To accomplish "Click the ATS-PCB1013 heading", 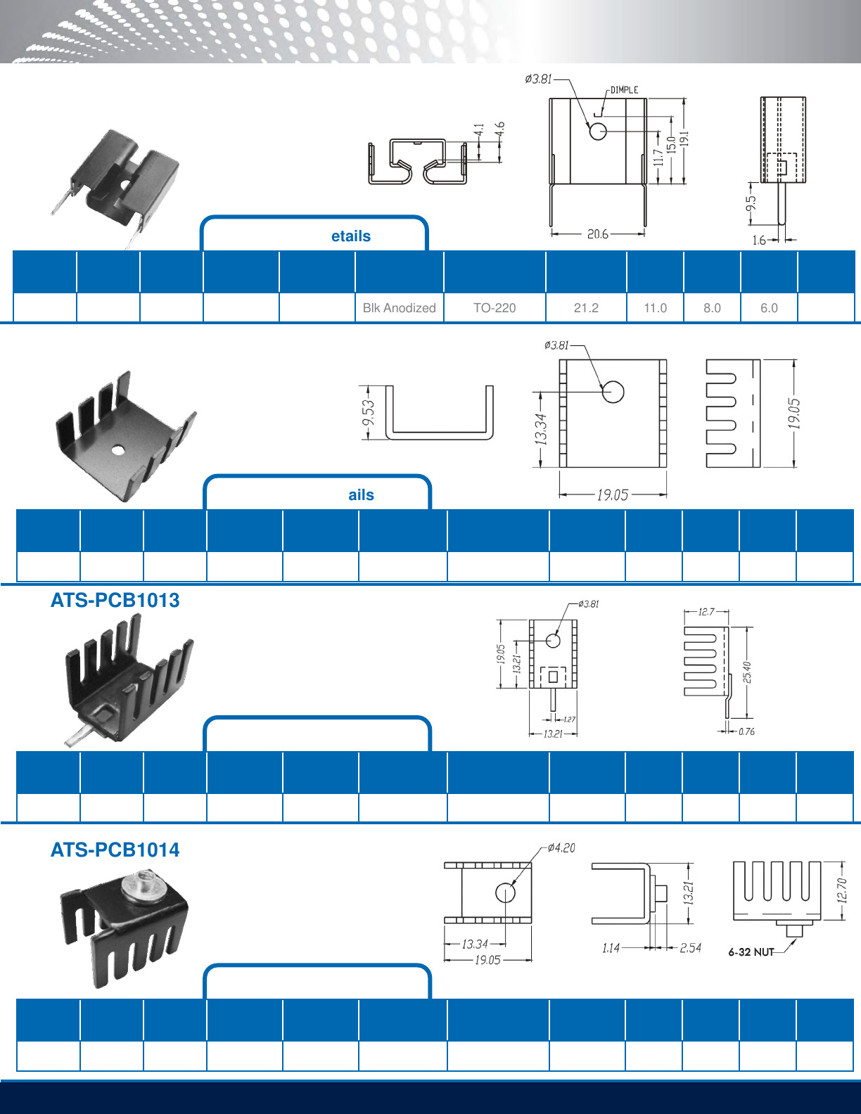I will pos(115,600).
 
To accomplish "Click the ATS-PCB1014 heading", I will pos(115,850).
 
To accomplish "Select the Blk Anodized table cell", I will pos(399,308).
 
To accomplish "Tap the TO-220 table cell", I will pos(495,308).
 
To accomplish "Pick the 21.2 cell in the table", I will pos(586,308).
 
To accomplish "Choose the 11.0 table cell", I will pos(655,308).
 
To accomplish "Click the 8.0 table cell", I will pos(712,308).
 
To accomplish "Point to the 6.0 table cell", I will pos(769,308).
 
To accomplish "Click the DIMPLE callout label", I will pos(624,90).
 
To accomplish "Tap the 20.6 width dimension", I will pos(598,234).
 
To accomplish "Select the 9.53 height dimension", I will pos(368,414).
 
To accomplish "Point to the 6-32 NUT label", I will pos(751,952).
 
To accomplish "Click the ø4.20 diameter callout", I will pos(561,848).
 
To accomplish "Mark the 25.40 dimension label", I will pos(747,672).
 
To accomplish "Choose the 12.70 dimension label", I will pos(842,890).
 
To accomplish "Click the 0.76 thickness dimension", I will pos(746,732).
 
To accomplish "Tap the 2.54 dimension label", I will pos(690,948).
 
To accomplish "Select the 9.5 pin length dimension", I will pos(751,203).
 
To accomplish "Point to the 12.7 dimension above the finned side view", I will pos(706,612).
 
